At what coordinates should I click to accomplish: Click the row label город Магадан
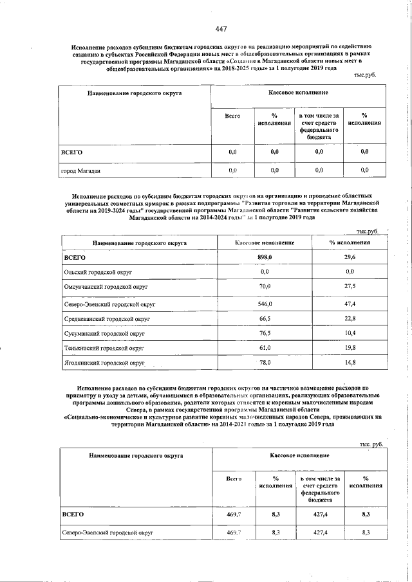(80, 171)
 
